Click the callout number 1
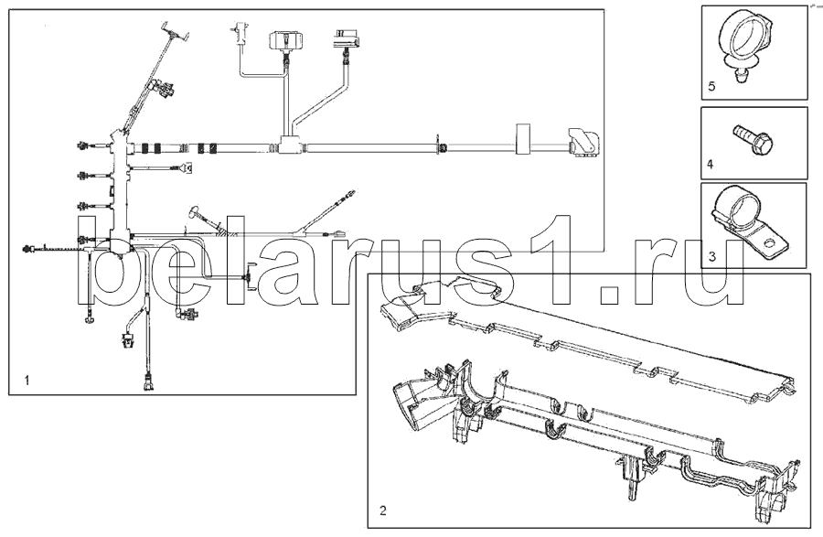pyautogui.click(x=27, y=380)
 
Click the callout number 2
pyautogui.click(x=382, y=510)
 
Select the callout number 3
pyautogui.click(x=712, y=257)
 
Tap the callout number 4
pyautogui.click(x=711, y=165)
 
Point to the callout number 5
pyautogui.click(x=711, y=86)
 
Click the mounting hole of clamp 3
pyautogui.click(x=769, y=243)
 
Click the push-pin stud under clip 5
pyautogui.click(x=740, y=76)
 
